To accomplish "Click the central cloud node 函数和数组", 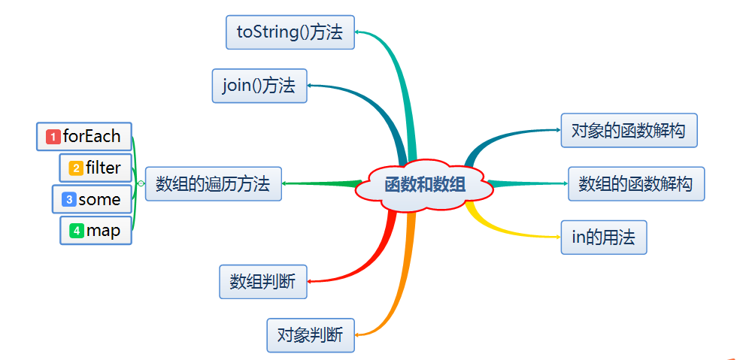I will click(x=424, y=184).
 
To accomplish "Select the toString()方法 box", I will click(x=290, y=32).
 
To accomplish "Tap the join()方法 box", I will click(x=259, y=85).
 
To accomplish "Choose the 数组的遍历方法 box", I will click(x=213, y=184).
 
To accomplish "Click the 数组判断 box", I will click(x=262, y=282).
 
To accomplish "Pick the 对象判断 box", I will click(x=310, y=335).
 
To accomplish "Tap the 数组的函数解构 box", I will click(x=635, y=184).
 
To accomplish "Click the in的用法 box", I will click(x=603, y=237).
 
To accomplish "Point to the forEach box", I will click(x=83, y=137).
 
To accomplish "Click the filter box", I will click(x=95, y=168).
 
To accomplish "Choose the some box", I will click(x=91, y=199).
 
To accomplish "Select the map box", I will click(x=96, y=231).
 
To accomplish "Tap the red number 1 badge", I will click(x=53, y=137).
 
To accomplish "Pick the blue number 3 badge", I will click(x=69, y=200).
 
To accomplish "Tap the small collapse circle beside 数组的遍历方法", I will click(x=141, y=183).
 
